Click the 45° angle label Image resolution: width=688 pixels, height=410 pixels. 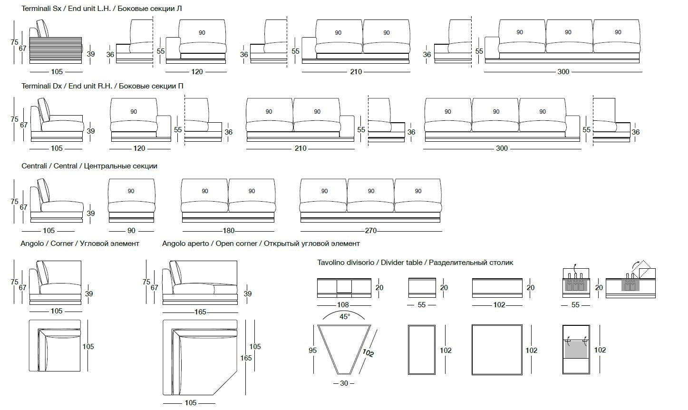coord(344,316)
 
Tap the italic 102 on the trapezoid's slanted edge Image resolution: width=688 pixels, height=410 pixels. coord(368,352)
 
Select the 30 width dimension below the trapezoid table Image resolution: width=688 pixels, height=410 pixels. coord(344,383)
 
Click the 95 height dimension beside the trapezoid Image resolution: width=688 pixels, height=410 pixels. coord(312,351)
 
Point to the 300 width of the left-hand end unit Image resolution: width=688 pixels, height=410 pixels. coord(563,72)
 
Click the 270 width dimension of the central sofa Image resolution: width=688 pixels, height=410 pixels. coord(370,231)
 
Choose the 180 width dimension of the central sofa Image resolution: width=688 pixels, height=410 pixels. coord(229,231)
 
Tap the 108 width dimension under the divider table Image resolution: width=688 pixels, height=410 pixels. coord(343,305)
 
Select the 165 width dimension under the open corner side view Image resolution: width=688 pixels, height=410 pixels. coord(200,312)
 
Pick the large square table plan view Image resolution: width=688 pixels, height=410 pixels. coord(496,350)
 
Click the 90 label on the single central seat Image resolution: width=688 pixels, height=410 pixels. coord(131,191)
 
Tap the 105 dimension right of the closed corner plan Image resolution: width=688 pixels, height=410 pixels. coord(88,347)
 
